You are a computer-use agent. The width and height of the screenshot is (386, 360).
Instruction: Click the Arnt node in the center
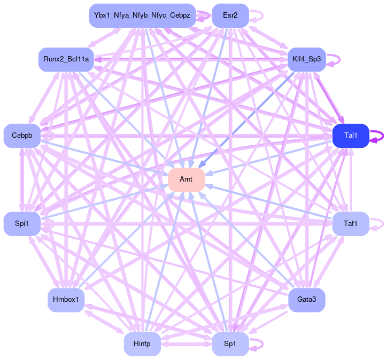point(187,179)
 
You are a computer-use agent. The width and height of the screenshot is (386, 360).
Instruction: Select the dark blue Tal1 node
point(351,136)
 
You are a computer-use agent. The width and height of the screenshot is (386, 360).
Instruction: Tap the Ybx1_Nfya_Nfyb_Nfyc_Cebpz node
point(142,15)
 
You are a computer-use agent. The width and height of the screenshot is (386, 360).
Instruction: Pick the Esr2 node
point(230,15)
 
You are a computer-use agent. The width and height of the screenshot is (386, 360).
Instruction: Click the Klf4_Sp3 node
point(306,59)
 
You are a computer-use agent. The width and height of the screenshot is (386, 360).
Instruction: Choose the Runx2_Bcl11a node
point(66,59)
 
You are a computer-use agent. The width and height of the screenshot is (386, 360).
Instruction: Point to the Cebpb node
point(22,136)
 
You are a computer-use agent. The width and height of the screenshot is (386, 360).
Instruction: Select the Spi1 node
point(22,223)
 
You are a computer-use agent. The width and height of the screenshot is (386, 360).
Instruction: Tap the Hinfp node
point(142,344)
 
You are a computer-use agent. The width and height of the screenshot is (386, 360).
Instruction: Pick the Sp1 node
point(230,344)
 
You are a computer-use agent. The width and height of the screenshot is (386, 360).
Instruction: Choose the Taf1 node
point(351,223)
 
